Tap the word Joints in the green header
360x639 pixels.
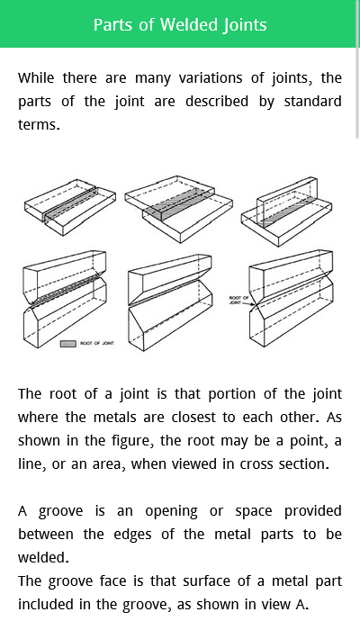tap(245, 25)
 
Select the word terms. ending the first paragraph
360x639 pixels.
tap(39, 125)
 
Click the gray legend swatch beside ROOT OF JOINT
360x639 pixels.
tap(68, 344)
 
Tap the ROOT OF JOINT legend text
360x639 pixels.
tap(97, 344)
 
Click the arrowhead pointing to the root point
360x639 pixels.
tap(253, 304)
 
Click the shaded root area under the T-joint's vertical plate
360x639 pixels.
tap(289, 211)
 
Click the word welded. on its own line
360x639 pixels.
tap(43, 557)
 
